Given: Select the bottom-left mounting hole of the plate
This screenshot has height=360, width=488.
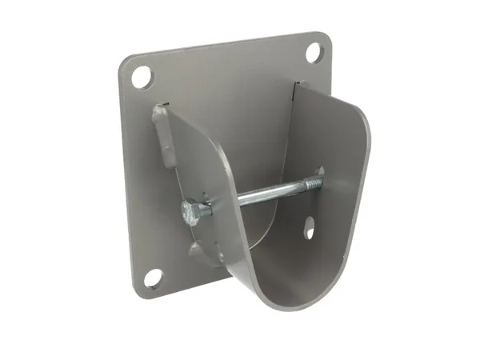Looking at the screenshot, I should (x=153, y=278).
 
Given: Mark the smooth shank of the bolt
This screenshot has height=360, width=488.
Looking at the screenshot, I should (x=256, y=195).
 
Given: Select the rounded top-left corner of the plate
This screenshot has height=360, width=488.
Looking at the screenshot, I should (x=126, y=65).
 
